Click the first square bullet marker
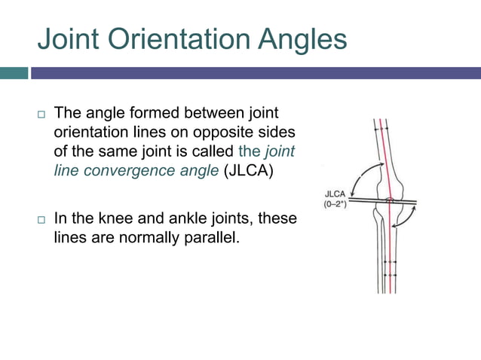pos(41,114)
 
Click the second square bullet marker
pos(41,219)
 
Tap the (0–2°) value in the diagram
pos(335,205)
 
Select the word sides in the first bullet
pos(279,132)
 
